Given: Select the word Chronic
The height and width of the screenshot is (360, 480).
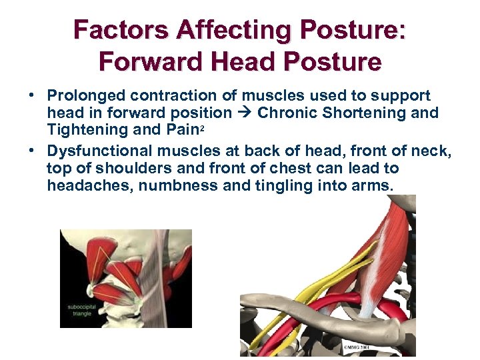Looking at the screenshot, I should (x=288, y=113).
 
